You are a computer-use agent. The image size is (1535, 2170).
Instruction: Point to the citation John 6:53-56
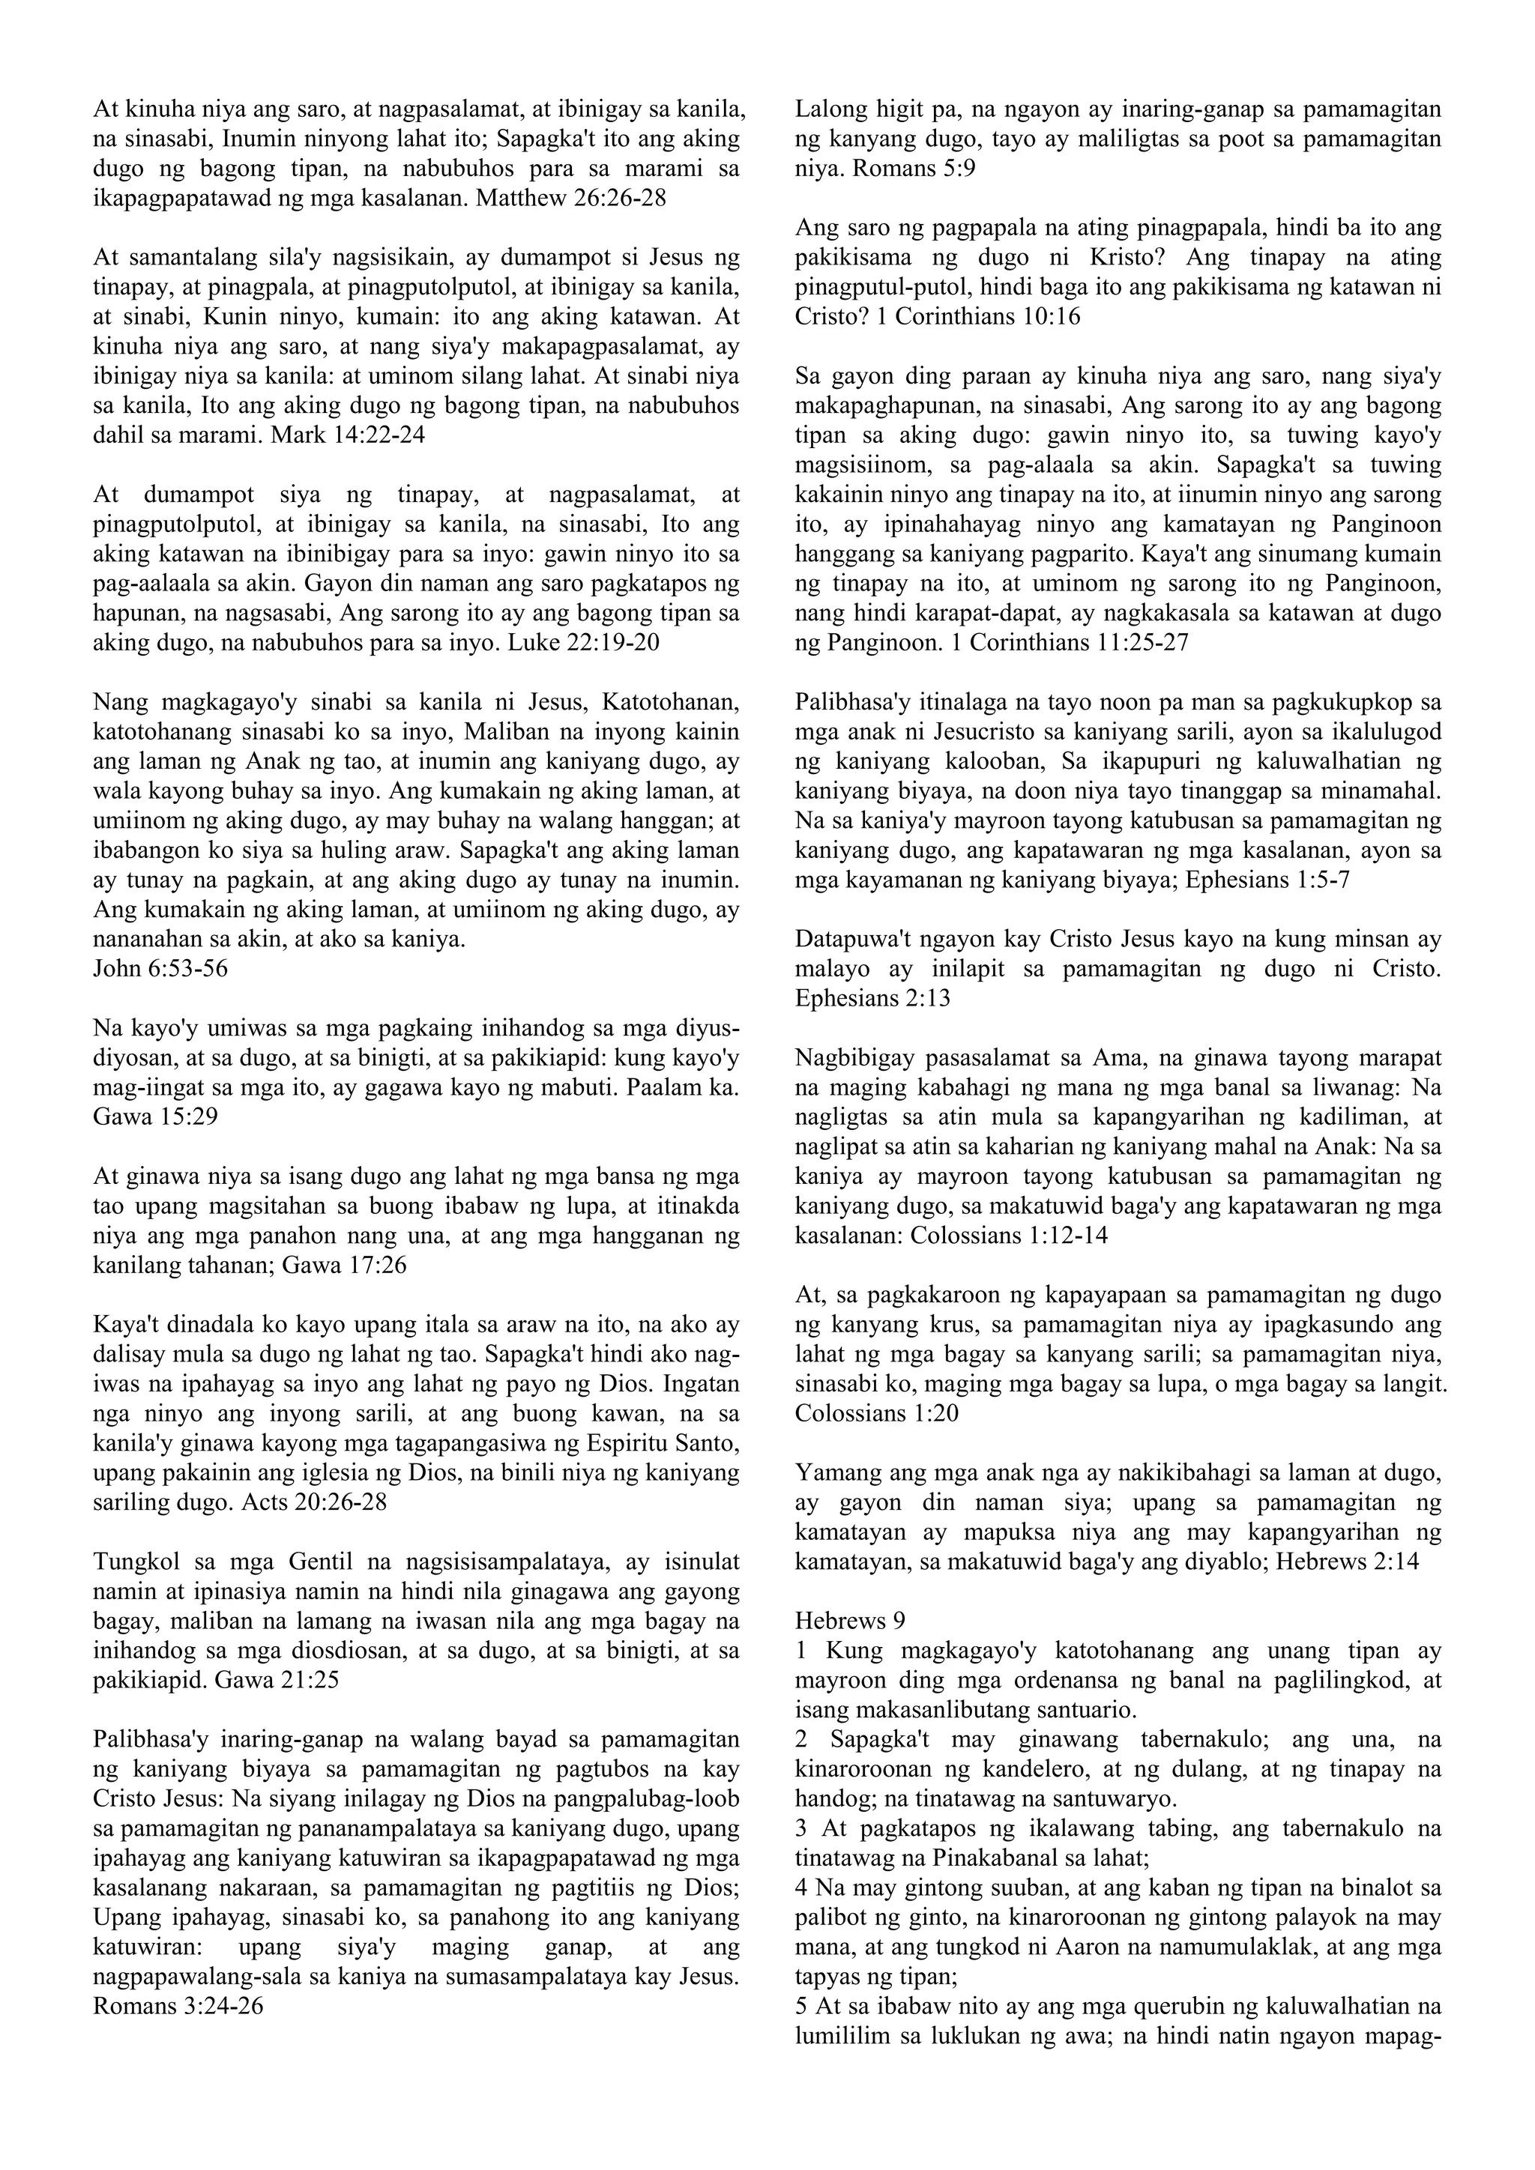click(160, 969)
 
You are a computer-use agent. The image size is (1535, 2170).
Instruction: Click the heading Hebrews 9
click(851, 1622)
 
